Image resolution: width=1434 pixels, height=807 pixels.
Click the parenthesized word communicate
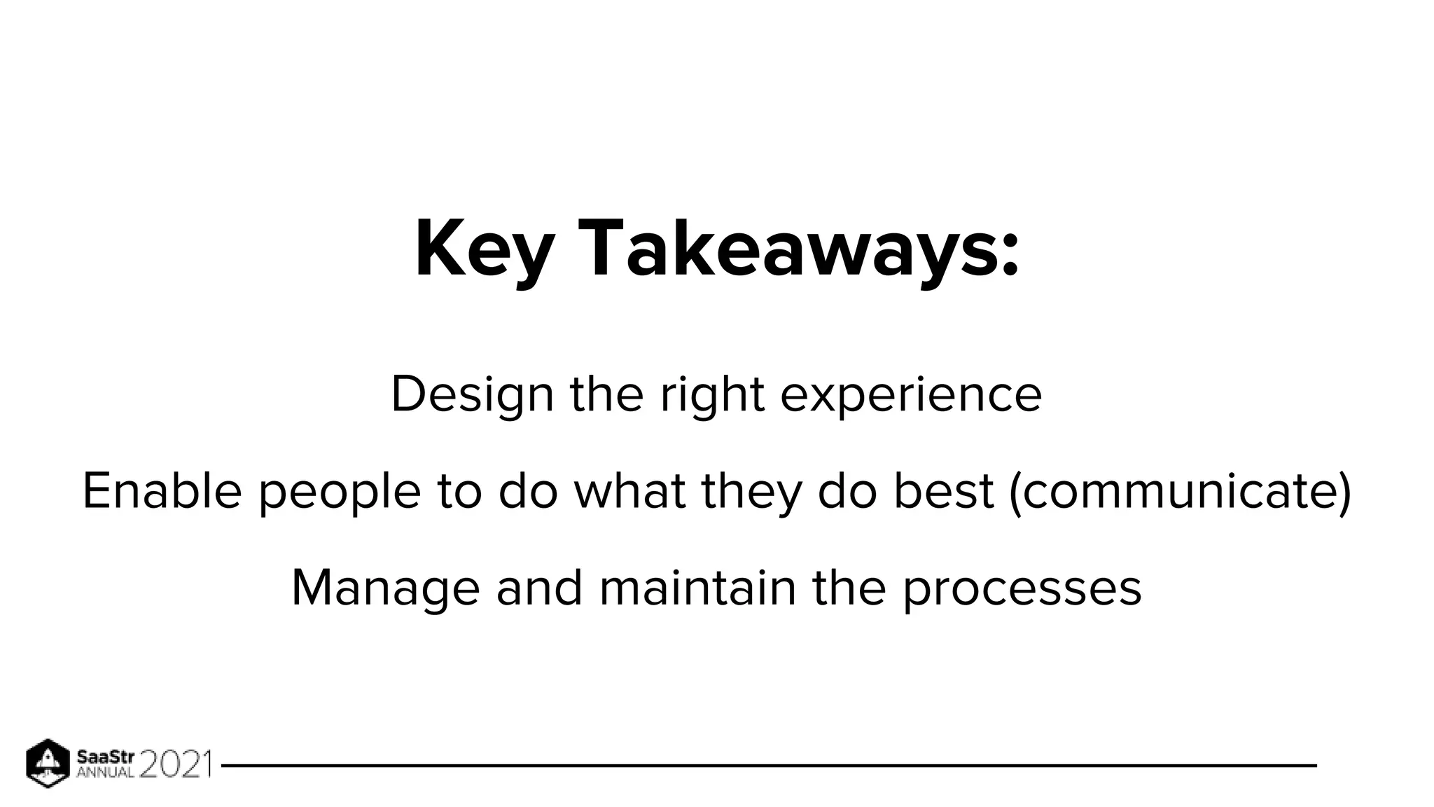[1181, 492]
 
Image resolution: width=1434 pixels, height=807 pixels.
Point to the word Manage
[385, 589]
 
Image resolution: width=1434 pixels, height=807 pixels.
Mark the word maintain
[698, 588]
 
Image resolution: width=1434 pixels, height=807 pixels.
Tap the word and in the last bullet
[539, 588]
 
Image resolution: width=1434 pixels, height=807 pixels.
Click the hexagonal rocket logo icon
[48, 763]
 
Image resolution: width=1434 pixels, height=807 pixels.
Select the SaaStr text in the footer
[105, 757]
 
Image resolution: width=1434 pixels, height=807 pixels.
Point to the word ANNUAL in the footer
[105, 773]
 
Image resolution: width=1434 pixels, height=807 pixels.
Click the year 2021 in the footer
[175, 764]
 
